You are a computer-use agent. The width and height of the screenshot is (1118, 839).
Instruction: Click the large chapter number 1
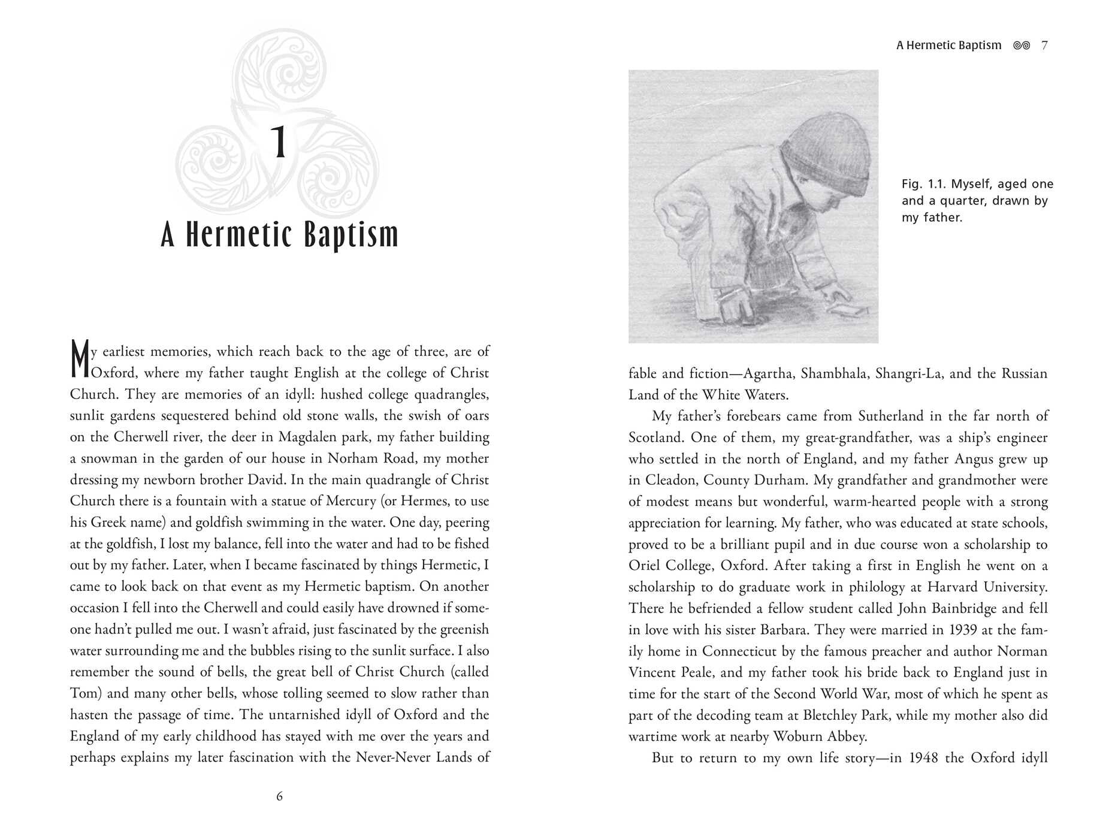(x=279, y=143)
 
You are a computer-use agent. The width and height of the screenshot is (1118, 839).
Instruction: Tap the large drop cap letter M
(x=80, y=359)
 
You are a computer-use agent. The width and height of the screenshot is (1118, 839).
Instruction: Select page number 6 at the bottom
(x=279, y=796)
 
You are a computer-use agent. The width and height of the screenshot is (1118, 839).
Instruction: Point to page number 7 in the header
(x=1044, y=45)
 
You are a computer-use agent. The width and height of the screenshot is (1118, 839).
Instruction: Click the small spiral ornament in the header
(x=1021, y=45)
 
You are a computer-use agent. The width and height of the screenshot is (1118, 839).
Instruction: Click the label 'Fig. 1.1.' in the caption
(x=923, y=184)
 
